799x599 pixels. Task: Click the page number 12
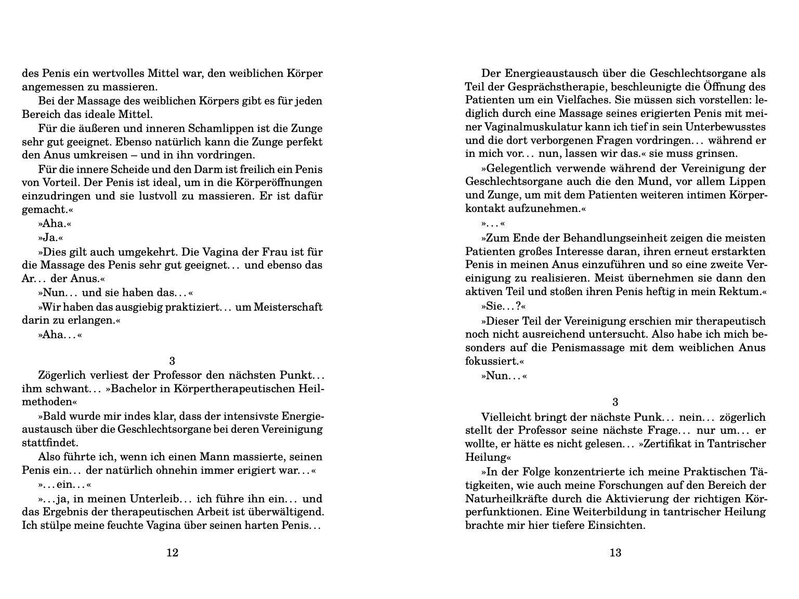coord(172,552)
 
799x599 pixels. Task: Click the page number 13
coord(615,552)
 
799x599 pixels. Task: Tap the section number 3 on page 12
coord(172,361)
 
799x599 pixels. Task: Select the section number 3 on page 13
coord(615,402)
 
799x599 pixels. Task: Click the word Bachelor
coord(129,389)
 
